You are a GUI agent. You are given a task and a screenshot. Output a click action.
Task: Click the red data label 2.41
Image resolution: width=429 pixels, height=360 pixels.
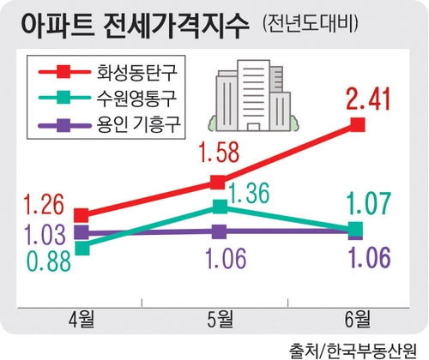[368, 99]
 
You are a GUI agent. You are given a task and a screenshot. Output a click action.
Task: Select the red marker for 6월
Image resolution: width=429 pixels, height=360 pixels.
[358, 125]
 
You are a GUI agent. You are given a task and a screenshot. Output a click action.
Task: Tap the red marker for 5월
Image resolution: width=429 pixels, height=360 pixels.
[218, 182]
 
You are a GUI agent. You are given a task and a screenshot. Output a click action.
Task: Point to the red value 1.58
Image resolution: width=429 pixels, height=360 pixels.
[220, 153]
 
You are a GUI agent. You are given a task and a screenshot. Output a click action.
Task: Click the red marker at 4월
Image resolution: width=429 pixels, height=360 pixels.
[82, 215]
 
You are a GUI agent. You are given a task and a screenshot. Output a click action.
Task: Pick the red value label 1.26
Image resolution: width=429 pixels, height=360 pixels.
[44, 204]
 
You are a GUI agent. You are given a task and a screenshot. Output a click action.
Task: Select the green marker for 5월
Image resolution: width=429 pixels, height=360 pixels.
[221, 207]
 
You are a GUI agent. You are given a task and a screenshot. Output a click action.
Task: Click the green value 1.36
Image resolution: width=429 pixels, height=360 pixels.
[250, 193]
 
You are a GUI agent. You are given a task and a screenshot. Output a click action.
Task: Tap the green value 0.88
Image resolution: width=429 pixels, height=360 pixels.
[49, 261]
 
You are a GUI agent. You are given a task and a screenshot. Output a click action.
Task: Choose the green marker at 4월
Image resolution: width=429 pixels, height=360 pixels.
[82, 248]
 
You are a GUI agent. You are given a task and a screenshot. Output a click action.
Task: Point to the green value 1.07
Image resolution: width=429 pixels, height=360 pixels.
[369, 203]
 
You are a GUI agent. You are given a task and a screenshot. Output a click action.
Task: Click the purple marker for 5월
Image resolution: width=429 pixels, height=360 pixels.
[220, 231]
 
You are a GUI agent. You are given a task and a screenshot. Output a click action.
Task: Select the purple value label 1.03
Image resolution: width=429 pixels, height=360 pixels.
[45, 234]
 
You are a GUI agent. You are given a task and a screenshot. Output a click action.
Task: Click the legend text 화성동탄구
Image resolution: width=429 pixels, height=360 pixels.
[137, 72]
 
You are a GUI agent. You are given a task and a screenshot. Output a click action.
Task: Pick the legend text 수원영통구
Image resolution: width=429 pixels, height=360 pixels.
[136, 99]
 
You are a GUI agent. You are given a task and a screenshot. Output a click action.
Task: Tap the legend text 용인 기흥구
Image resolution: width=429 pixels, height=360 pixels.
[139, 125]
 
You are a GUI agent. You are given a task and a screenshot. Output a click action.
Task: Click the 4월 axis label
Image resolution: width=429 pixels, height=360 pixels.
[82, 319]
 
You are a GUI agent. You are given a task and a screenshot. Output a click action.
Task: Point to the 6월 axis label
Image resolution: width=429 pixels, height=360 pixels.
[358, 319]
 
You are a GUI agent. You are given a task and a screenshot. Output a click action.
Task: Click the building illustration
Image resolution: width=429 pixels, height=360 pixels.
[253, 95]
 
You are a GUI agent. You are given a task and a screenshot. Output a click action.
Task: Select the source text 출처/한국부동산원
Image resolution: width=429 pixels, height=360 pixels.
[353, 351]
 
